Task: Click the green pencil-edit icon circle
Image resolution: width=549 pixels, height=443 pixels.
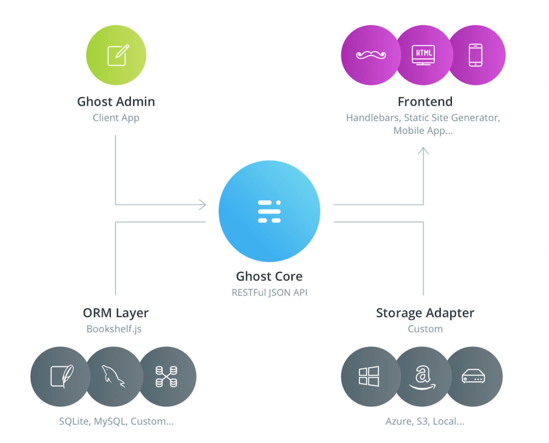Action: click(116, 55)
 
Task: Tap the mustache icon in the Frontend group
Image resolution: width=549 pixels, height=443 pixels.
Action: click(371, 55)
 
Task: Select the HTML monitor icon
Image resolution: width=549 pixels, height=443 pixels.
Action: click(423, 55)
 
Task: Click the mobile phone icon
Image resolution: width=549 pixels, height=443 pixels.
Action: click(476, 55)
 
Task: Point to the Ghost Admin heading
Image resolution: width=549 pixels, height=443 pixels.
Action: click(116, 102)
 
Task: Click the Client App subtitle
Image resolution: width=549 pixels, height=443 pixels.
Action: click(116, 118)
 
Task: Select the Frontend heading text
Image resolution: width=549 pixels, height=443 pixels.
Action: click(425, 102)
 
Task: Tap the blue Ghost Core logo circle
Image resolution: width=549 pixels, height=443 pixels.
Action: click(269, 211)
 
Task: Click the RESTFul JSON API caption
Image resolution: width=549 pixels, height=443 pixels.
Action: click(269, 292)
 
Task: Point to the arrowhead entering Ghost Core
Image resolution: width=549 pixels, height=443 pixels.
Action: click(203, 205)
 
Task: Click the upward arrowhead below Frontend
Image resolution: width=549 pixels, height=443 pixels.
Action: click(423, 151)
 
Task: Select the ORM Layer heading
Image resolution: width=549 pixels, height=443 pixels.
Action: click(116, 313)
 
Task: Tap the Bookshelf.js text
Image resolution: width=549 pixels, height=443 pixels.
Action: click(114, 329)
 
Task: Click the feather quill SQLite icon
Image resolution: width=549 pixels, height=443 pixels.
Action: click(62, 376)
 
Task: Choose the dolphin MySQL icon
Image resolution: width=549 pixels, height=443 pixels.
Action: click(113, 376)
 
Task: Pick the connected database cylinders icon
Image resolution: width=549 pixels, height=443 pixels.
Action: click(166, 376)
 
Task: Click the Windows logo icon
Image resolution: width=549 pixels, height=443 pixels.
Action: click(369, 376)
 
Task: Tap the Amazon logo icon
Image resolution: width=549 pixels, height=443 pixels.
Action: click(422, 377)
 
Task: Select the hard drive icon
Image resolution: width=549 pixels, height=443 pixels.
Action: click(473, 376)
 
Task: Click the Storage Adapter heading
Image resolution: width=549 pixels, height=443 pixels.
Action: click(425, 313)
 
